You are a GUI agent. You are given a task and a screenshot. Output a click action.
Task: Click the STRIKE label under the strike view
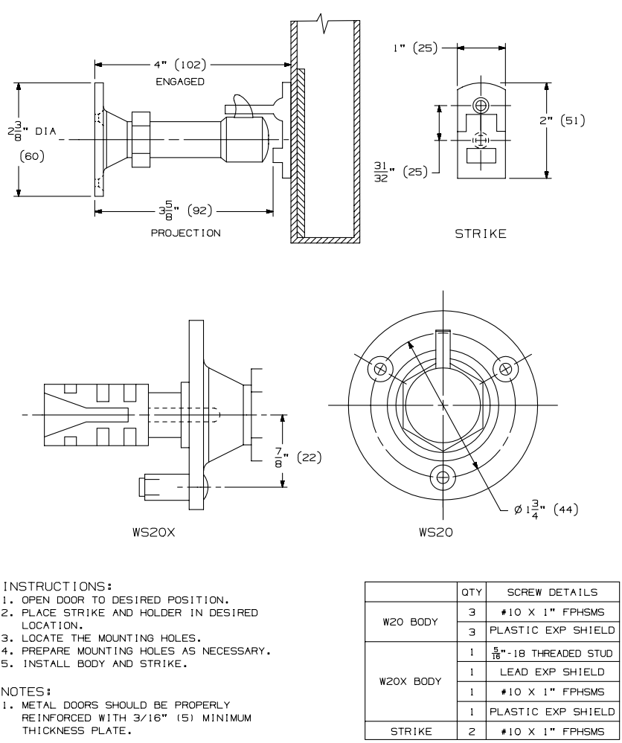[481, 234]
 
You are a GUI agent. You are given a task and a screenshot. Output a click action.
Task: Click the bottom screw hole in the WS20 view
[445, 477]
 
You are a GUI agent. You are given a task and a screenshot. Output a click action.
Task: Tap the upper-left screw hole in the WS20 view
[382, 368]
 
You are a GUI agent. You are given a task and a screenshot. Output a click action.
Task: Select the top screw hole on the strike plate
[481, 103]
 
